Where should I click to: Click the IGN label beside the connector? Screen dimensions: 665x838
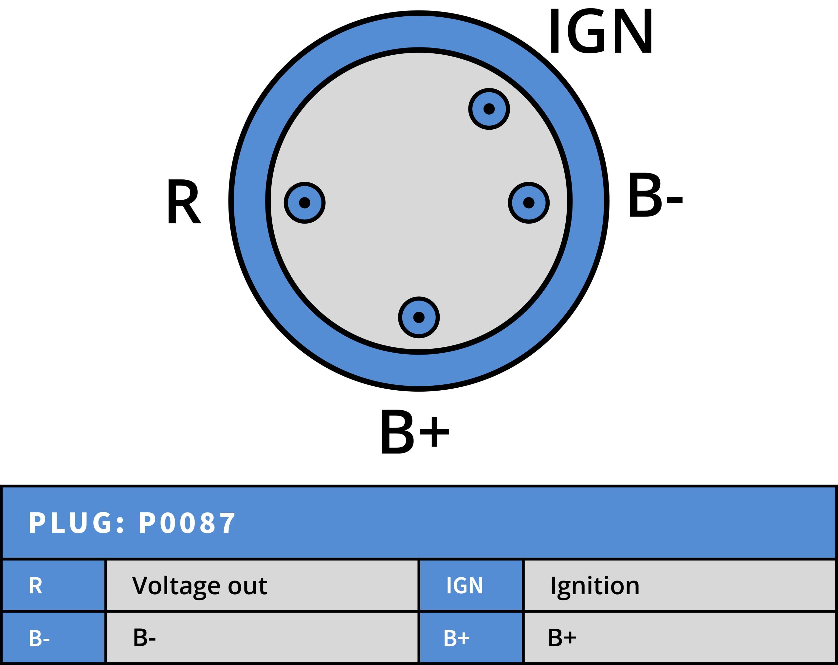coord(601,31)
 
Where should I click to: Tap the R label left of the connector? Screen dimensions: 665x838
coord(183,201)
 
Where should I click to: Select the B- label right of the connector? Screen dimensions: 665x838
coord(655,196)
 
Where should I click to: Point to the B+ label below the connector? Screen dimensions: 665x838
coord(415,433)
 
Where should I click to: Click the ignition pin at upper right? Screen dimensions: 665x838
coord(489,109)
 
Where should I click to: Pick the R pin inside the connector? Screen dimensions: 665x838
coord(304,203)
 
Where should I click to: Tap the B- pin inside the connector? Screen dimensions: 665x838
coord(529,203)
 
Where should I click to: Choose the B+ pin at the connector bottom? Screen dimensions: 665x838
coord(419,317)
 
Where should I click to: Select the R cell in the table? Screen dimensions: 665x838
coord(53,585)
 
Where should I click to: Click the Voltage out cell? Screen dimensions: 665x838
coord(262,585)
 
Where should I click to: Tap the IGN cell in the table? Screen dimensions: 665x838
coord(471,585)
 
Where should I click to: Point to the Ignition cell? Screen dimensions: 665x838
coord(680,585)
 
